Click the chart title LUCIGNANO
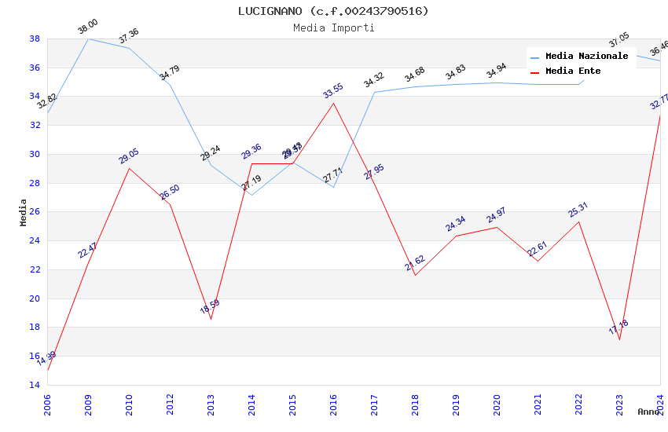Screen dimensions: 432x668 coord(333,11)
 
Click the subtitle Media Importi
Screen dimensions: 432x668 coord(333,27)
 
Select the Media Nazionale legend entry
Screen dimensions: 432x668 coord(586,57)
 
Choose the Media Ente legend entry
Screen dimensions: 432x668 coord(573,71)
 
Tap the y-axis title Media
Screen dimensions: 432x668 coord(24,212)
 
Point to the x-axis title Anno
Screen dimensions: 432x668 coord(648,412)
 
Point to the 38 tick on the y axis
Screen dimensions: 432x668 coord(35,38)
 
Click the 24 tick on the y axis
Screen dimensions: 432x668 coord(35,241)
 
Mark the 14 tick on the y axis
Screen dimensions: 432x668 coord(35,385)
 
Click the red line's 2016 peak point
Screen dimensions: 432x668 coord(333,103)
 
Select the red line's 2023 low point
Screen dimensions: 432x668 coord(619,339)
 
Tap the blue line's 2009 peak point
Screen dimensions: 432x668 coord(88,38)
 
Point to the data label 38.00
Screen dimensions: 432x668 coord(88,27)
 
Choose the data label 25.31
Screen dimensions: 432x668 coord(578,210)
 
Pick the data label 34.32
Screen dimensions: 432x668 coord(374,80)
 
